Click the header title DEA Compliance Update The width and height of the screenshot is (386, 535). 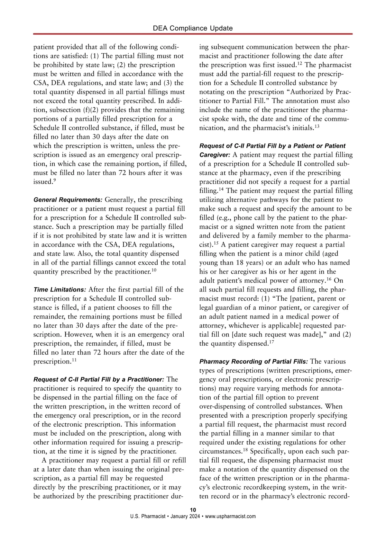point(193,28)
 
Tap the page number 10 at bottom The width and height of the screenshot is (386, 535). point(193,510)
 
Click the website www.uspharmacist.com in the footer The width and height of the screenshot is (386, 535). point(230,516)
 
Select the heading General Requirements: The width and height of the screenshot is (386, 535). point(68,200)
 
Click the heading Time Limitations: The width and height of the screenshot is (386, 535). point(60,290)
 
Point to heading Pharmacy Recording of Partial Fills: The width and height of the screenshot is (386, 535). point(253,361)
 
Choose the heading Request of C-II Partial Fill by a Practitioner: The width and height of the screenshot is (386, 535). point(99,379)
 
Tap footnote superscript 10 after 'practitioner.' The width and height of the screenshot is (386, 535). point(154,270)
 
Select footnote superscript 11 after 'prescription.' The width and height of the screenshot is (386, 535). point(74,360)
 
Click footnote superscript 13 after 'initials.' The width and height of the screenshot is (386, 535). point(317,126)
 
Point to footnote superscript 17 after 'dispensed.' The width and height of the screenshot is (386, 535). point(271,342)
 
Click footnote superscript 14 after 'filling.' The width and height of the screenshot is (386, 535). point(221,189)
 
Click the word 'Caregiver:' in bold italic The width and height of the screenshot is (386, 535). point(215,155)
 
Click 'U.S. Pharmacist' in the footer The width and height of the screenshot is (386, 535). point(148,516)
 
